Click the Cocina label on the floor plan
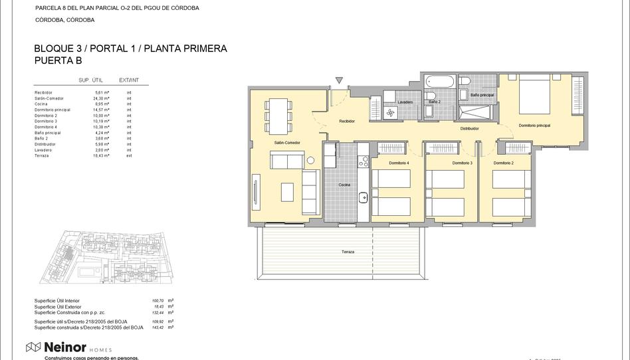[x=344, y=185]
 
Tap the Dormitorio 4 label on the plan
[x=399, y=163]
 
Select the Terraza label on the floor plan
[x=348, y=252]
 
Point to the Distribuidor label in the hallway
[x=470, y=128]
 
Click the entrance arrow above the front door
[x=339, y=80]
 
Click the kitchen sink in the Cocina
[x=364, y=197]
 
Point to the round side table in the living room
[x=310, y=160]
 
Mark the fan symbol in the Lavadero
[x=390, y=114]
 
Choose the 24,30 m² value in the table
[x=101, y=98]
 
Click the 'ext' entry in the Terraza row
[x=129, y=155]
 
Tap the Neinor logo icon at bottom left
[x=33, y=347]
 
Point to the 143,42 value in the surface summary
[x=159, y=327]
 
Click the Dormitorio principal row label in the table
[x=52, y=110]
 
